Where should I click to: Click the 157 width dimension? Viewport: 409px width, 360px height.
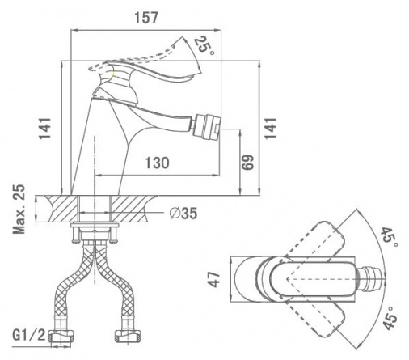point(146,18)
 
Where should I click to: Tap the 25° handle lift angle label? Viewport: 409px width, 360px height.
point(204,45)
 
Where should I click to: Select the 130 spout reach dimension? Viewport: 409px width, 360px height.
point(158,163)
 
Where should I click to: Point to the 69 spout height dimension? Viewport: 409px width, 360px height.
point(247,163)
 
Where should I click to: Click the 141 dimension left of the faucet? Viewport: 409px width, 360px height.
point(44,129)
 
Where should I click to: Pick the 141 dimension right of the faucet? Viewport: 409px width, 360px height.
point(270,128)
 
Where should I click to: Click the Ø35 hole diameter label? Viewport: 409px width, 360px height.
point(183,214)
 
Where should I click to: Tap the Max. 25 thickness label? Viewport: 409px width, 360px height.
point(19,210)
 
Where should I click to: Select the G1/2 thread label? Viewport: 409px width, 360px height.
point(29,335)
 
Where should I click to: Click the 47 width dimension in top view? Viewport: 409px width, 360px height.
point(215,279)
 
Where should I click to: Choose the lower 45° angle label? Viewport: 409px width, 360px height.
point(390,318)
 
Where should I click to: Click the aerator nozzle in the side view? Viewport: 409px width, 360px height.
point(207,126)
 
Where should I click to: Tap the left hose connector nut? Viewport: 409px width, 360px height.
point(61,336)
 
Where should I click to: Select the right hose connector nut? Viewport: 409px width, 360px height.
point(129,336)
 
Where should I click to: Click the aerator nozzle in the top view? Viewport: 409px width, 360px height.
point(373,279)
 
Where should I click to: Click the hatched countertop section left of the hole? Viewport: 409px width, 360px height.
point(63,209)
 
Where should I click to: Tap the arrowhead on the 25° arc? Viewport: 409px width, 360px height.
point(200,69)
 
